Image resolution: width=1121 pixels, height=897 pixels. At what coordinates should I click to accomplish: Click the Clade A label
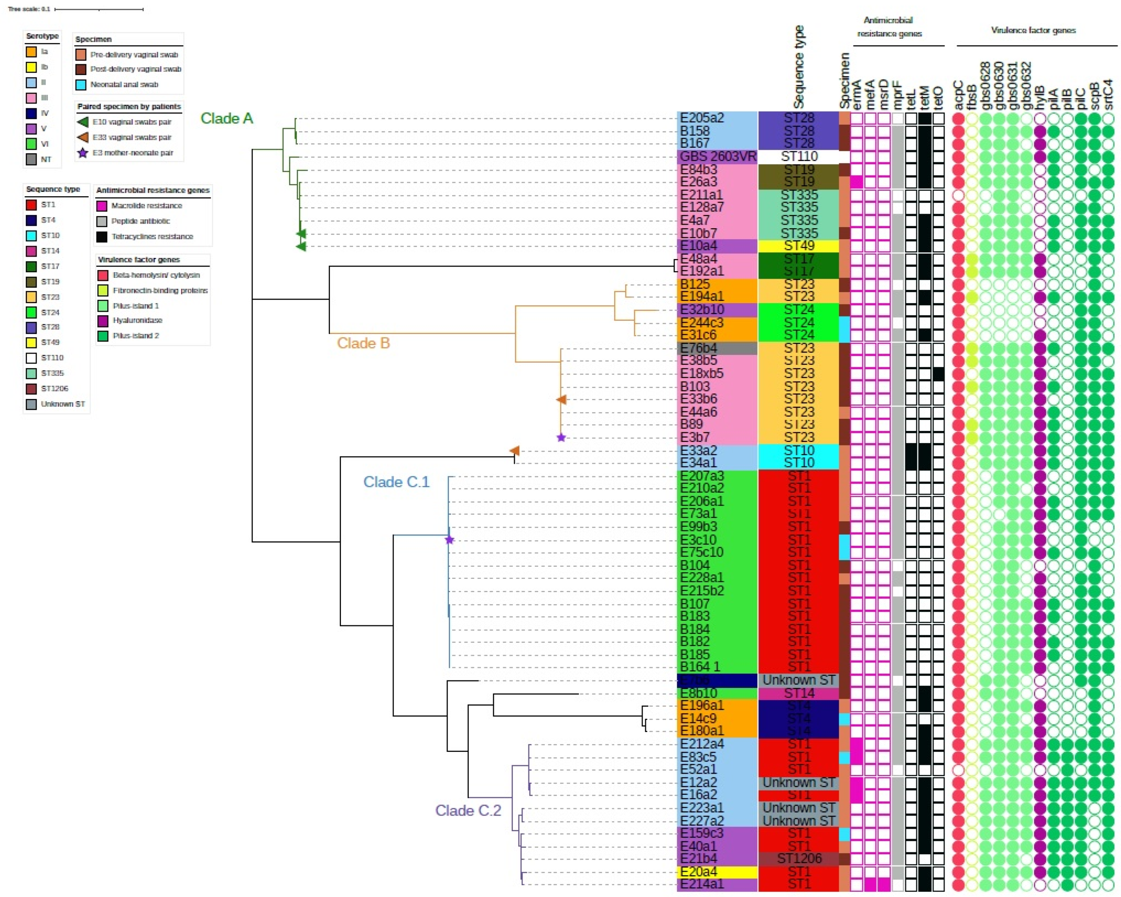[227, 118]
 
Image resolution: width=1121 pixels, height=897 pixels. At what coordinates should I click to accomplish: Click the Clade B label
[363, 343]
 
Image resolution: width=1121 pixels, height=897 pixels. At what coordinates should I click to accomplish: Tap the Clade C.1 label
[396, 482]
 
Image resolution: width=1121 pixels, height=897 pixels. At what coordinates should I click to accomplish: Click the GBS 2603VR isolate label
[717, 156]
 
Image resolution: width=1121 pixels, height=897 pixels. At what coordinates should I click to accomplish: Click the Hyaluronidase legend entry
[137, 320]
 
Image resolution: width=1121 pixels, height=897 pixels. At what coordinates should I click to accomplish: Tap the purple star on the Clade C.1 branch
[450, 540]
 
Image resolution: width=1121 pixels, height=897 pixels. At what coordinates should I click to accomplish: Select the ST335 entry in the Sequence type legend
[52, 373]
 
